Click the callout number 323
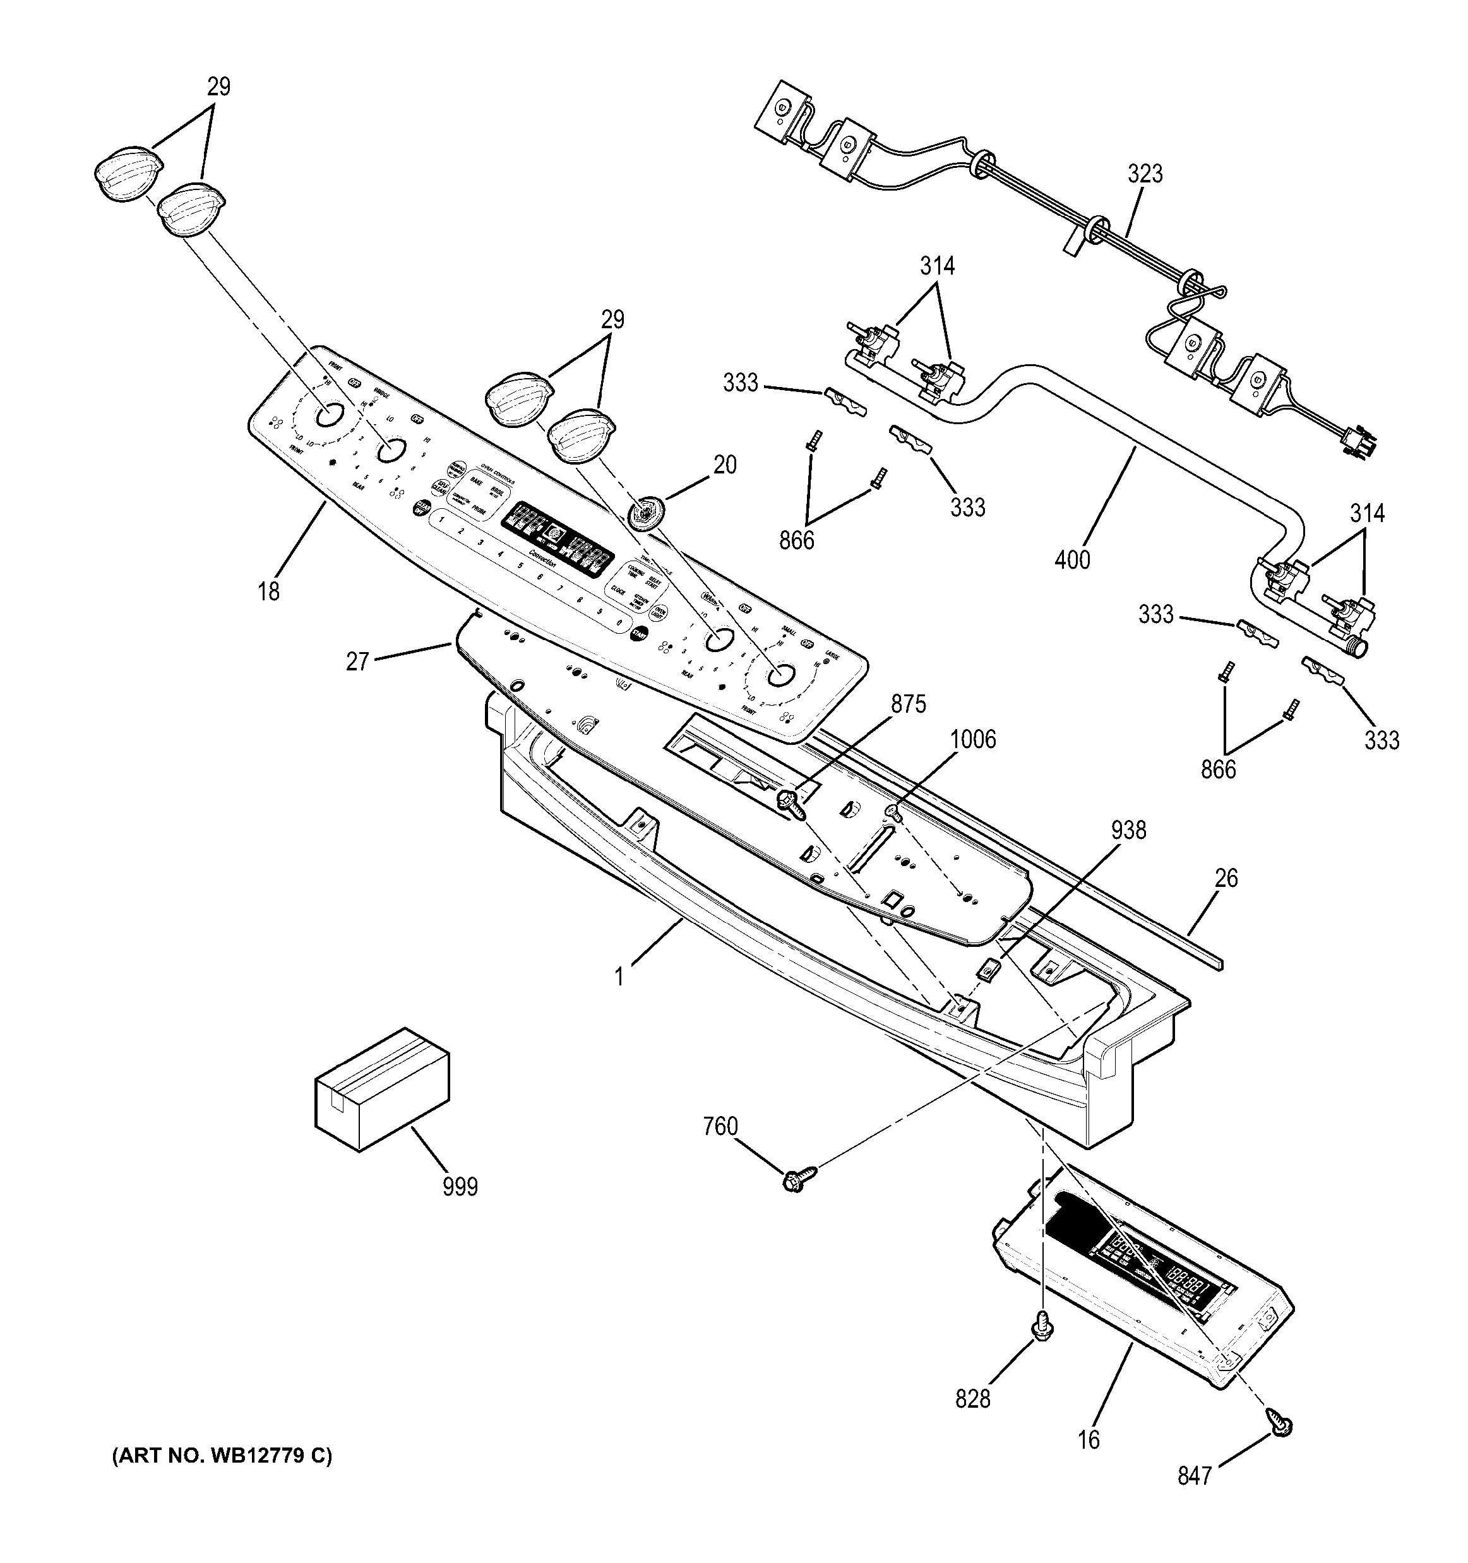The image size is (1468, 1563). tap(1144, 174)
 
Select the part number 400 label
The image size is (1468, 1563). tap(1073, 560)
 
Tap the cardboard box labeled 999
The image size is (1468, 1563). tap(382, 1089)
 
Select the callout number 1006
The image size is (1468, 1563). tap(972, 739)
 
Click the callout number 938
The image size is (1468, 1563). tap(1128, 829)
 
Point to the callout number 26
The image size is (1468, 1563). tap(1226, 878)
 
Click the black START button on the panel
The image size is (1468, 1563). tap(640, 633)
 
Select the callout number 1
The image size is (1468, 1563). tap(619, 977)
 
